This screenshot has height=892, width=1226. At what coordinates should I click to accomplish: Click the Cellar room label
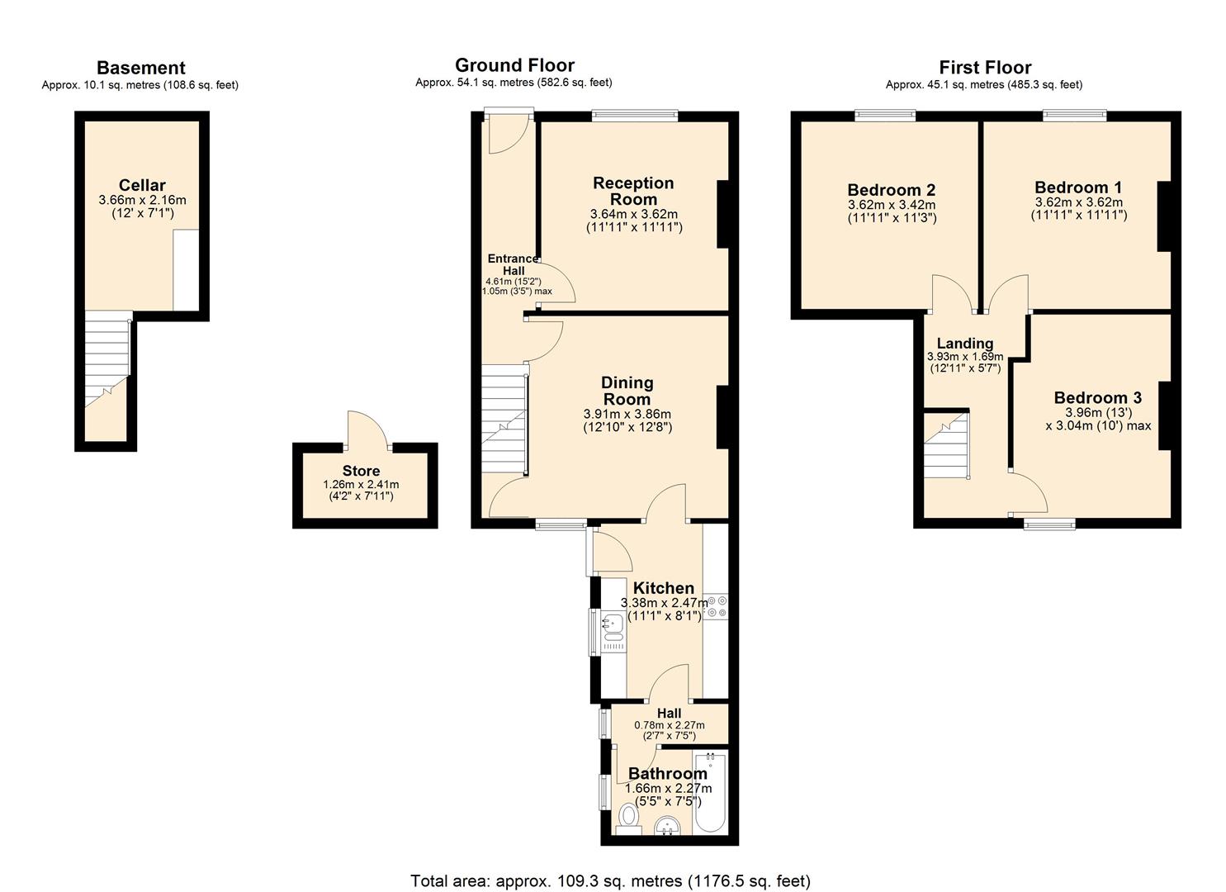point(142,185)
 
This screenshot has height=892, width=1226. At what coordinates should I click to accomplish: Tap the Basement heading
point(140,68)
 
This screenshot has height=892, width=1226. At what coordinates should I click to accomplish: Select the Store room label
point(361,471)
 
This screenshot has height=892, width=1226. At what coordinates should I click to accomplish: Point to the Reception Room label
point(633,191)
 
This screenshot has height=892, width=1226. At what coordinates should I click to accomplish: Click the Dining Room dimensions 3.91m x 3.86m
point(627,414)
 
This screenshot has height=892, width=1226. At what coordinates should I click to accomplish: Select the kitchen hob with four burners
point(716,607)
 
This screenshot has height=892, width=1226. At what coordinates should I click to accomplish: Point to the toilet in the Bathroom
point(629,818)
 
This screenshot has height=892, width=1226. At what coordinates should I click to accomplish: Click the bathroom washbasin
point(666,825)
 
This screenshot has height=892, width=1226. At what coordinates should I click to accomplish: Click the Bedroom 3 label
point(1097,398)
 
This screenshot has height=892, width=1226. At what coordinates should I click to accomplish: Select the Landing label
point(964,344)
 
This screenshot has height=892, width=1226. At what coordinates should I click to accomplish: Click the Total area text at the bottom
point(610,880)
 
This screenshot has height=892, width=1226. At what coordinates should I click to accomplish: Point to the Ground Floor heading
point(514,65)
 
